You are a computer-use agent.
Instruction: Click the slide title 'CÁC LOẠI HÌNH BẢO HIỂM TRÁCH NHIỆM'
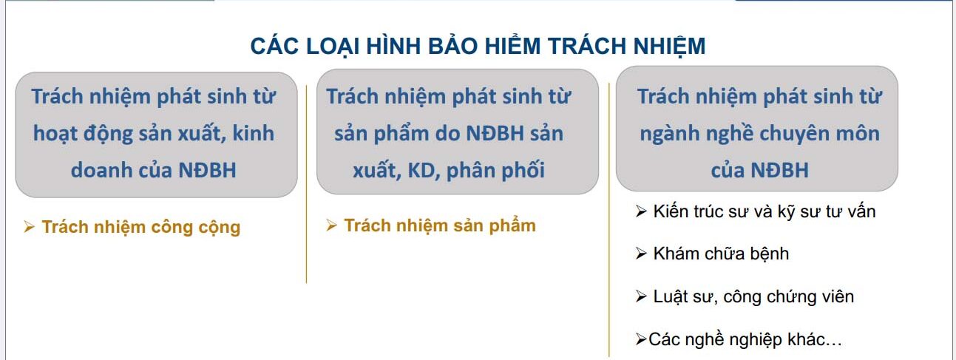(x=478, y=47)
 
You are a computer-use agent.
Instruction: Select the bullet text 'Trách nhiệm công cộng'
(x=140, y=227)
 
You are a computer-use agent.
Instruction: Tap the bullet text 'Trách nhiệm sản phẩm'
(x=439, y=225)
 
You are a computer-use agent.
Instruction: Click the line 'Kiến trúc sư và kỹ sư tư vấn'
(x=765, y=211)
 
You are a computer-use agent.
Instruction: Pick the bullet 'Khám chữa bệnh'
(x=721, y=254)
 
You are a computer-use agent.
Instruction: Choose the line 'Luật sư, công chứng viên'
(x=753, y=296)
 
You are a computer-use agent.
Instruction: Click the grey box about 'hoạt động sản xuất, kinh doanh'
(x=156, y=134)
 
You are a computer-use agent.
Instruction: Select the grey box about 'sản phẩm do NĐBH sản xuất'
(x=457, y=132)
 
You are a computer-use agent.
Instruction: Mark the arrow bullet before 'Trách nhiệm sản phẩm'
(x=332, y=225)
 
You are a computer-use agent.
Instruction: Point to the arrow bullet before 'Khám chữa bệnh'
(x=641, y=254)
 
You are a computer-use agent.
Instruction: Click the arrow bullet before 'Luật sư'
(x=641, y=297)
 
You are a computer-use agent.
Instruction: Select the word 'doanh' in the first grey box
(x=102, y=170)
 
